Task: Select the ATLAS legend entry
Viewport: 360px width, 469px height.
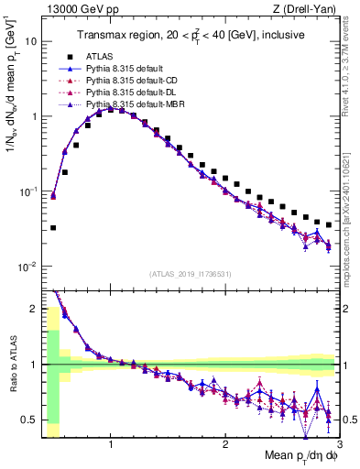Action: click(x=100, y=57)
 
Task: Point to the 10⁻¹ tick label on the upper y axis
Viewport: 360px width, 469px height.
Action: click(x=28, y=191)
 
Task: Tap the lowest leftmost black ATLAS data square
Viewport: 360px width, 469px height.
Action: click(x=53, y=227)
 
